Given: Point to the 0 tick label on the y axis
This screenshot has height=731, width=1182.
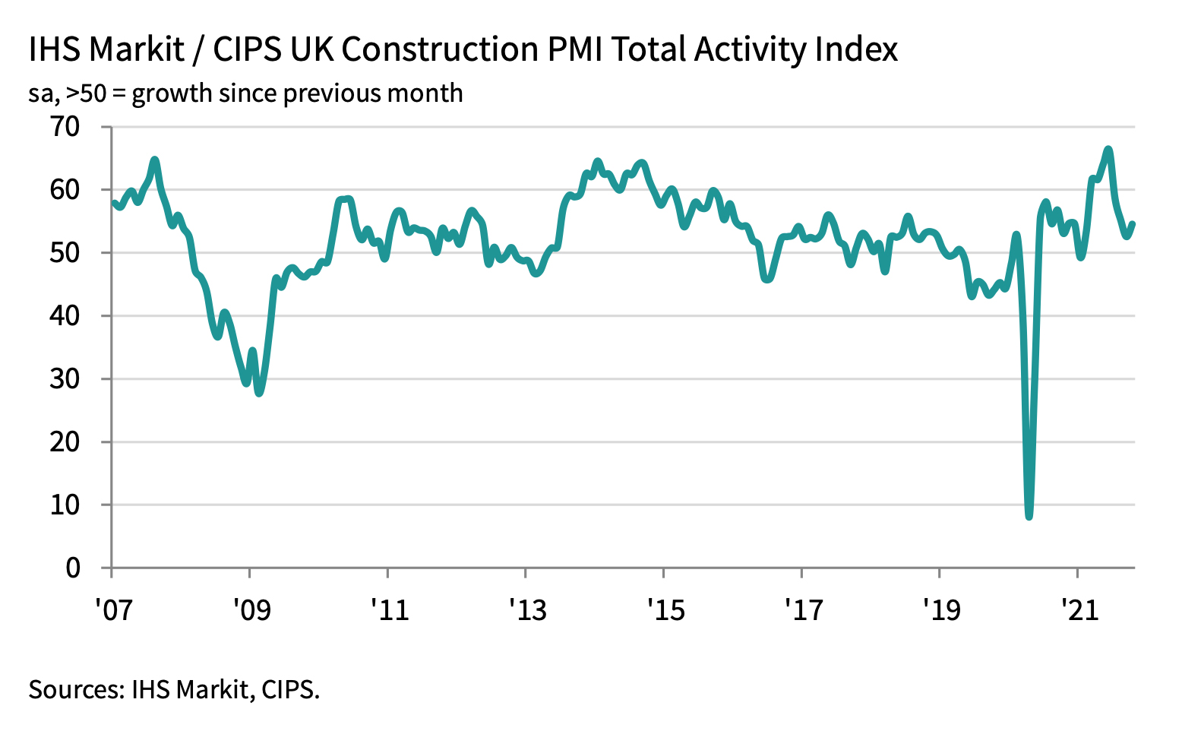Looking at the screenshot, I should coord(73,568).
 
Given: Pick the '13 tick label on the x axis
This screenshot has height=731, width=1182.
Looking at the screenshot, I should coord(526,609).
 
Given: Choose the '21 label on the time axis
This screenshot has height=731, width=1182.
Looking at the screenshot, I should coord(1079,609).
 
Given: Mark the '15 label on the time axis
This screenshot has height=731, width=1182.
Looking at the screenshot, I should coord(665,609).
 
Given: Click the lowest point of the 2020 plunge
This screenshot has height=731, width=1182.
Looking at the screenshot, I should coord(1029,517).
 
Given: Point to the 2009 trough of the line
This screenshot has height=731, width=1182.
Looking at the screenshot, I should coord(259,393).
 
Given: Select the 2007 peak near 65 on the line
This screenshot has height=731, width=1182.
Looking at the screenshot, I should coord(155,160).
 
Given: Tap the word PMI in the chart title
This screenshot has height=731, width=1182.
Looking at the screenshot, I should coord(574,50).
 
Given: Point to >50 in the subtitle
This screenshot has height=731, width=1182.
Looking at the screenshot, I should coord(85,93).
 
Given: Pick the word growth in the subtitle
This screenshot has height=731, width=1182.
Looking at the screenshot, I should coord(171,93).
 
